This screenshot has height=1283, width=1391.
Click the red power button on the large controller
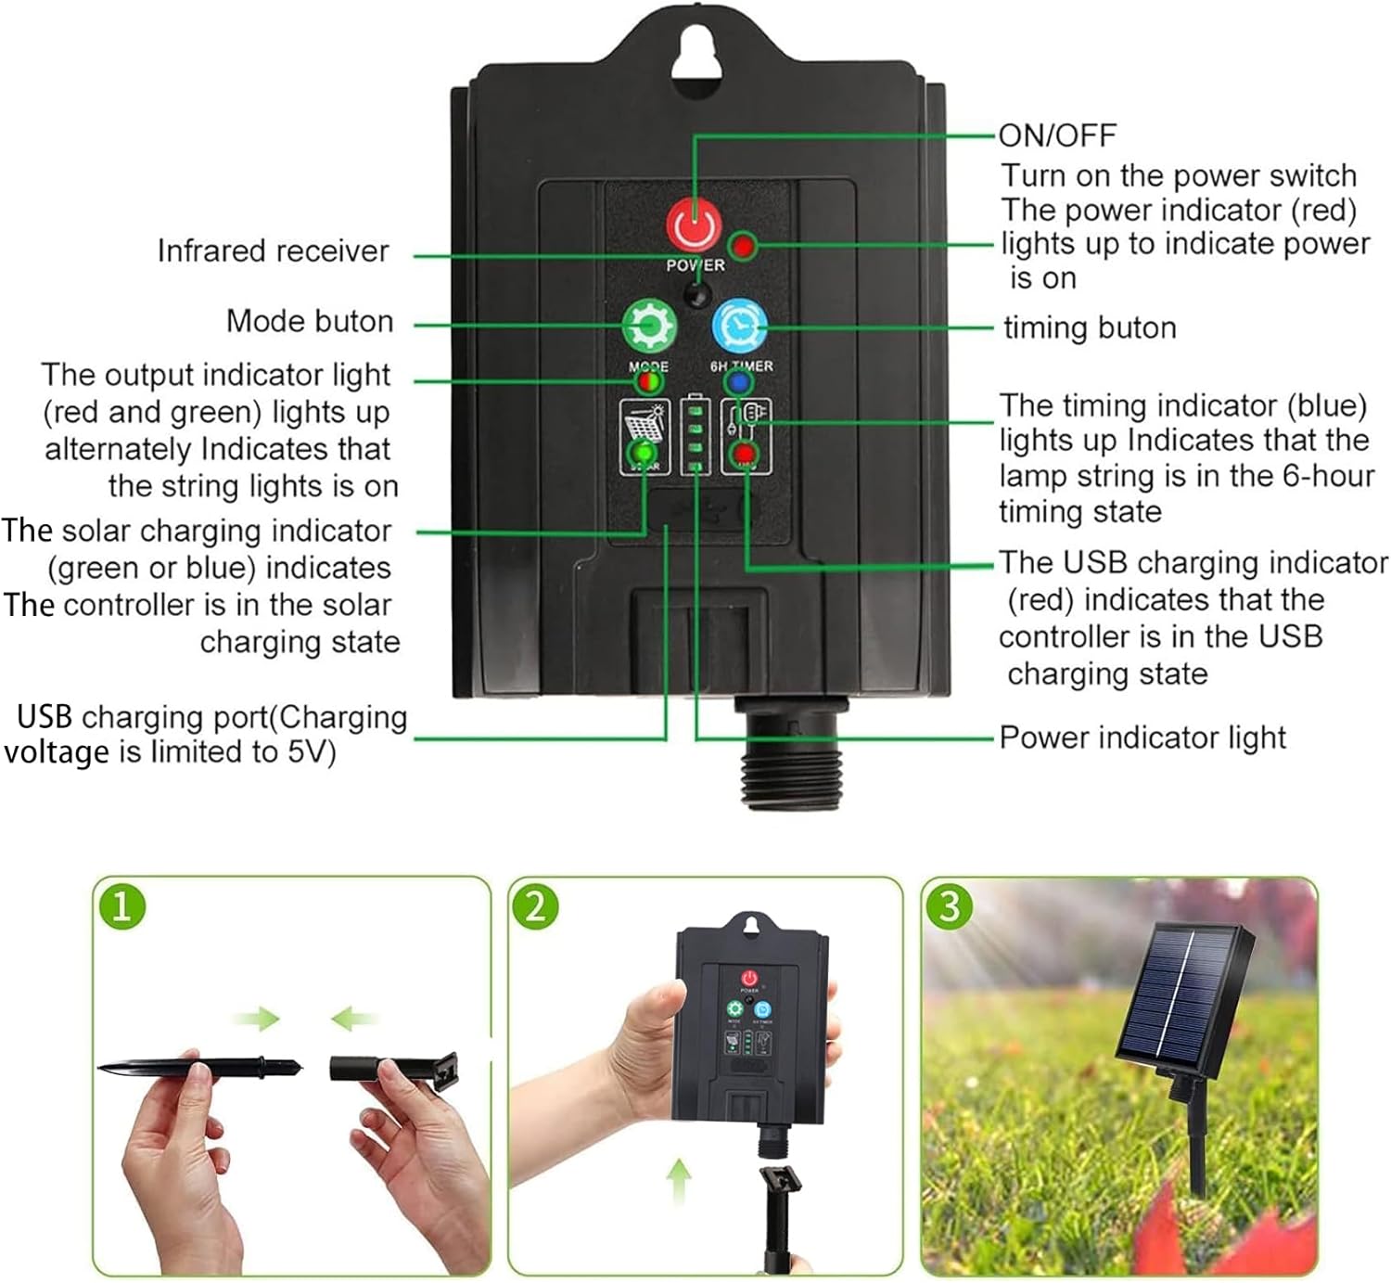694,225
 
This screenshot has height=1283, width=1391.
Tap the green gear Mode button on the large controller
649,325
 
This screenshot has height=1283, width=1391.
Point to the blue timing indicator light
738,382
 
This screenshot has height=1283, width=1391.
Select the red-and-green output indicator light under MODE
648,382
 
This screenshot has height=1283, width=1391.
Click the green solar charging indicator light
644,452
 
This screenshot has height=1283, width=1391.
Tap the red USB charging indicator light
744,454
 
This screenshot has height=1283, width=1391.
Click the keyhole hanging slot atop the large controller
694,53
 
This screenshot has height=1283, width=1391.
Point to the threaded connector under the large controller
791,751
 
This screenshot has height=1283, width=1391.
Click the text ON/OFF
1057,135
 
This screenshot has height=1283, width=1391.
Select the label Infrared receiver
274,250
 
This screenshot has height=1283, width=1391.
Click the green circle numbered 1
121,906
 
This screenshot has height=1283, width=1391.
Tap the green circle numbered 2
535,906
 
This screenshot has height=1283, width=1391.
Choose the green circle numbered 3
949,906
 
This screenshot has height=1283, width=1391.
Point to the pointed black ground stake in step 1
199,1068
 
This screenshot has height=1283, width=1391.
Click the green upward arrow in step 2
679,1181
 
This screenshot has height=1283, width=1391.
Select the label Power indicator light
1142,738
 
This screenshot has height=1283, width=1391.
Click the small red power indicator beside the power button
743,246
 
